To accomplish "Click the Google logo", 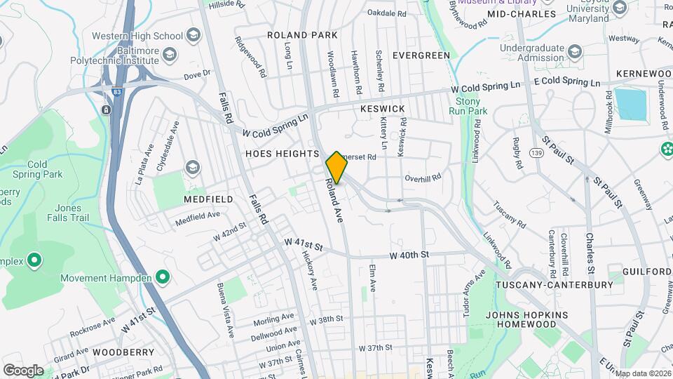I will tap(23, 370).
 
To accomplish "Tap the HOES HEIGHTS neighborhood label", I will tap(282, 153).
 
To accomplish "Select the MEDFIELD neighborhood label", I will tap(208, 199).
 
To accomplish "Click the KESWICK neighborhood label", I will tap(383, 109).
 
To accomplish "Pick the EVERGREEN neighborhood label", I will tap(421, 55).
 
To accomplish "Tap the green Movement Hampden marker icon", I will tap(163, 278).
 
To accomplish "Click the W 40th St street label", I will tap(410, 255).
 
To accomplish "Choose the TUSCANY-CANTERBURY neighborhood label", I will tap(554, 285).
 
